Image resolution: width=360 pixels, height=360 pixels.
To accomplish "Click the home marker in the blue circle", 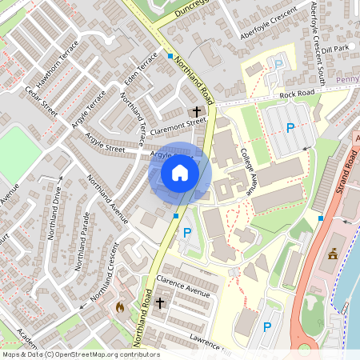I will pyautogui.click(x=180, y=173).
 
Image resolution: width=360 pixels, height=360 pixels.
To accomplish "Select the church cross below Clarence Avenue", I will pyautogui.click(x=160, y=303).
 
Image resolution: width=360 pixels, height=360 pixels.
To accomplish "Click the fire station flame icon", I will pyautogui.click(x=120, y=306).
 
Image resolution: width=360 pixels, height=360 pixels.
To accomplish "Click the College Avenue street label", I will pyautogui.click(x=242, y=162).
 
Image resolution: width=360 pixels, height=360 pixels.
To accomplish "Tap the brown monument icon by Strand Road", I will pyautogui.click(x=333, y=255).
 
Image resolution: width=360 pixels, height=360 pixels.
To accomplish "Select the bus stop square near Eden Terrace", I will pyautogui.click(x=170, y=56).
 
